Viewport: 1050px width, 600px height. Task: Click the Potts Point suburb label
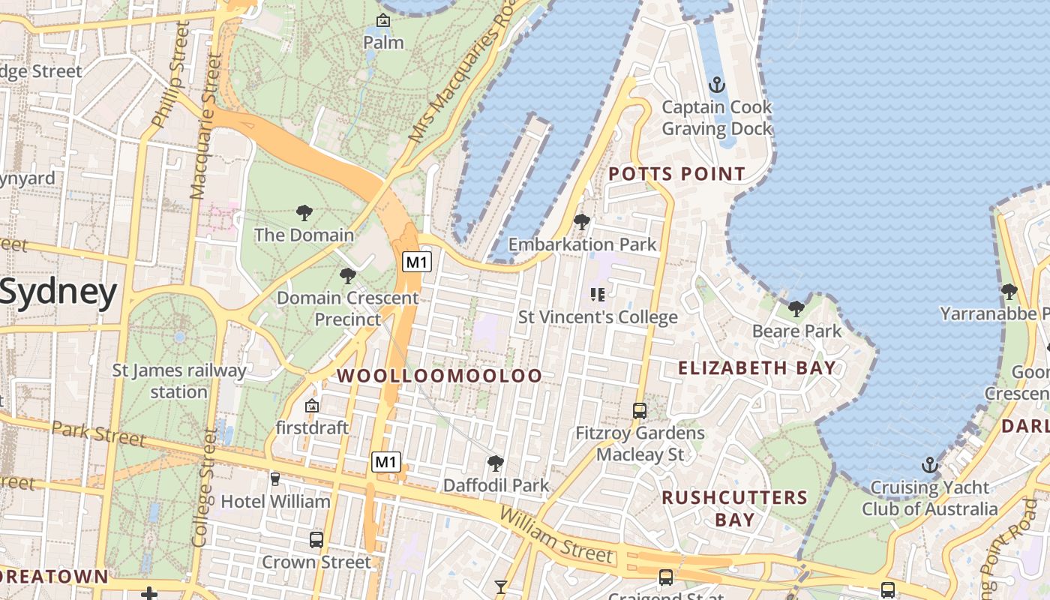point(676,174)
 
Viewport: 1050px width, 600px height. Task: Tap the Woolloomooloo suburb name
point(439,376)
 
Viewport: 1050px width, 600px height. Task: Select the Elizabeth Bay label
point(756,367)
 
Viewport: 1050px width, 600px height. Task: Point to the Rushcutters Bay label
point(734,508)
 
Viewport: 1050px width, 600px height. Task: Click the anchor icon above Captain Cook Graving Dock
point(717,84)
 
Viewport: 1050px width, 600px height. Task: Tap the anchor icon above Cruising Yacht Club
point(930,465)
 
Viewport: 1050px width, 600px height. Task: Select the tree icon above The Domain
point(304,213)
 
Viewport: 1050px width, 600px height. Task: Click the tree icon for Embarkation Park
point(581,222)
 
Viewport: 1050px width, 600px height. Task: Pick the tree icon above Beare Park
point(796,308)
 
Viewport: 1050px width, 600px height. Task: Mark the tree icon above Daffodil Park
point(495,463)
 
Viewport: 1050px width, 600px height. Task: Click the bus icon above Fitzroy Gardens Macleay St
point(640,411)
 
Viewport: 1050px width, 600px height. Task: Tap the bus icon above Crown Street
point(316,539)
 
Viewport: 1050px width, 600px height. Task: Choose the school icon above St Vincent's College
point(598,295)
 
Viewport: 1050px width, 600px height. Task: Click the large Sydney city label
point(58,292)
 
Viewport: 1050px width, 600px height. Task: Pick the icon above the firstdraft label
point(312,406)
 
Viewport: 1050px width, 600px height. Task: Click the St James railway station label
point(178,381)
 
